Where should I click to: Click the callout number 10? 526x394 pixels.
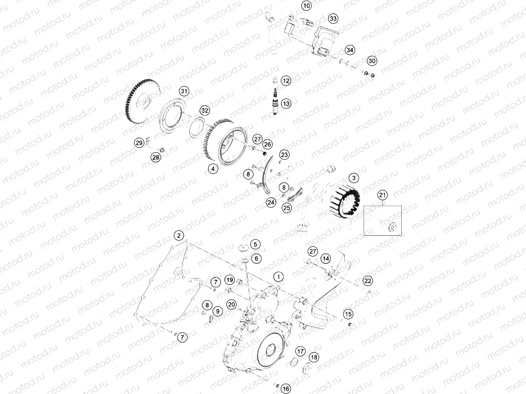tap(306, 6)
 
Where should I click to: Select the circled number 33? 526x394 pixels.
tap(333, 18)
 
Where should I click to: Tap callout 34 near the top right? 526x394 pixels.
tap(350, 50)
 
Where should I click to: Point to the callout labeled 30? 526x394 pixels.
tap(372, 60)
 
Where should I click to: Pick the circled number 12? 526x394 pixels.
tap(286, 81)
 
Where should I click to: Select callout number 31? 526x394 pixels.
tap(184, 91)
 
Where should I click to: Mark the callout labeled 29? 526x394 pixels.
tap(140, 143)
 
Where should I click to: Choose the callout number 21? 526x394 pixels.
tap(382, 195)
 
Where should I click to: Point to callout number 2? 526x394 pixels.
tap(179, 235)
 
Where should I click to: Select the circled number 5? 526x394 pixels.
tap(255, 244)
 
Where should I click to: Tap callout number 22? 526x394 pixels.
tap(368, 281)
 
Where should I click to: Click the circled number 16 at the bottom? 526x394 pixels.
tap(286, 389)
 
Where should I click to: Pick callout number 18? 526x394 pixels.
tap(314, 357)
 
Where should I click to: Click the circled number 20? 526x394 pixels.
tap(231, 305)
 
